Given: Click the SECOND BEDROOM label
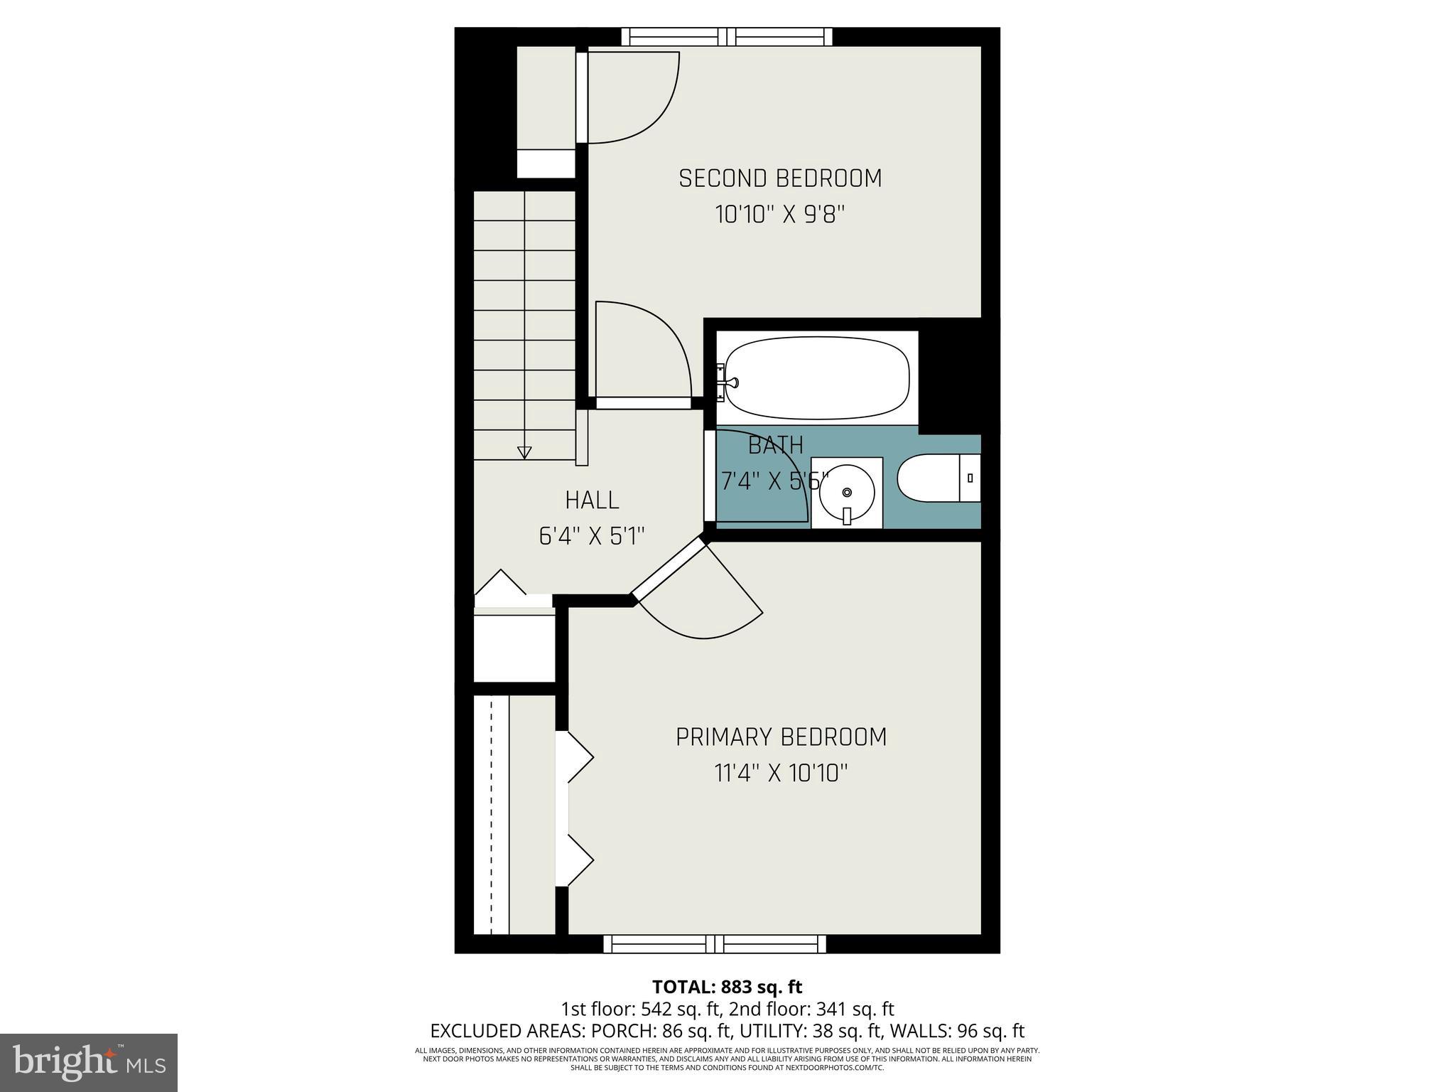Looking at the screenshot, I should point(780,178).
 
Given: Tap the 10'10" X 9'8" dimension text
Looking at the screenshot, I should point(780,215).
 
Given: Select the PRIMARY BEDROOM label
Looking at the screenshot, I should point(781,737).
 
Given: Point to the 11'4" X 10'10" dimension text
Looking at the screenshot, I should point(781,773).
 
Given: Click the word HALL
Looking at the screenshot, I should point(592,500).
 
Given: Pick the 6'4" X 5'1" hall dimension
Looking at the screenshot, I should point(592,536).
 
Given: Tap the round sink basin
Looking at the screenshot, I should point(846,492).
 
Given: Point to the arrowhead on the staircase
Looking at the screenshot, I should point(524,452).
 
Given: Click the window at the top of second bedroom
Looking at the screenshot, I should point(727,36).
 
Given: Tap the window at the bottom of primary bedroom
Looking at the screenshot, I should point(715,943).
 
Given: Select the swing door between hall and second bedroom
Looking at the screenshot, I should point(643,403).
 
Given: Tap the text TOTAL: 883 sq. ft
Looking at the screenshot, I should point(727,987).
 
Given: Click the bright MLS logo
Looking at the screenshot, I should point(89,1062).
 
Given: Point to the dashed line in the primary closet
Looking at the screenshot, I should point(491,815).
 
